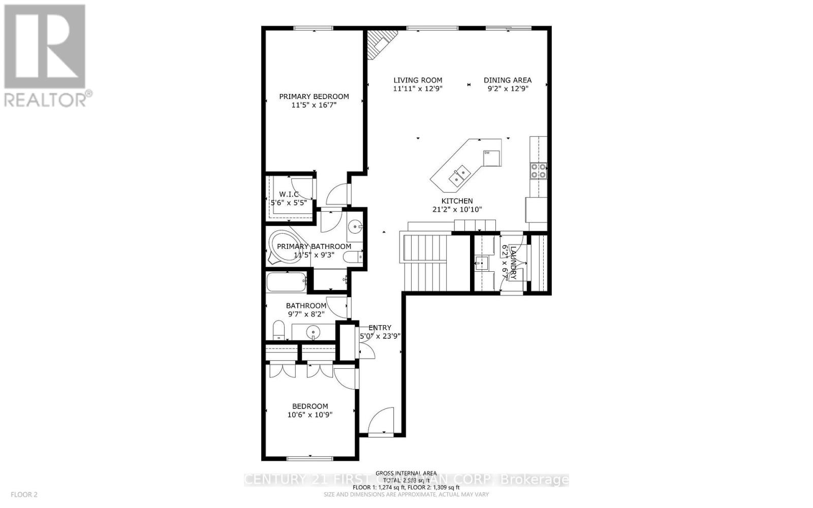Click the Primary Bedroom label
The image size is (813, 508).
coord(314,97)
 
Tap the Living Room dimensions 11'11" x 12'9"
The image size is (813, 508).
coord(418,88)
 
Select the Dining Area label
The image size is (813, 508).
coord(507,80)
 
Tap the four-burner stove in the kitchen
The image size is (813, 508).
coord(538,171)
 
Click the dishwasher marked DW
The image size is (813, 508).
coord(491,157)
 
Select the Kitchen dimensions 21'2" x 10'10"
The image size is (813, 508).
coord(457,209)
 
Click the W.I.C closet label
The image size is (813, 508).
coord(289,194)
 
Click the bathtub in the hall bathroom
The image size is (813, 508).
coord(286,282)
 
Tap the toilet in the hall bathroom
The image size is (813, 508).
coord(278,330)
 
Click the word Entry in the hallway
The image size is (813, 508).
coord(380,328)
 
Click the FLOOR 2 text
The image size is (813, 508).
coord(24,494)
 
